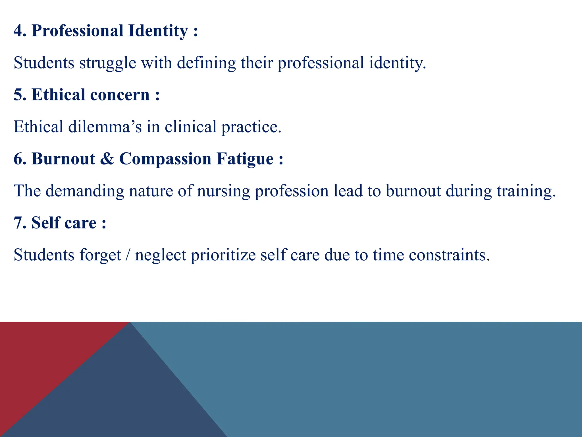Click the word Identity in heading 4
158,31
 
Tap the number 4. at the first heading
20,31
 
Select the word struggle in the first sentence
108,63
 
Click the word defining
206,63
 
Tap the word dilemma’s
105,127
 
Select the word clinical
191,127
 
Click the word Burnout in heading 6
63,159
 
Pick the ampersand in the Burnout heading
107,159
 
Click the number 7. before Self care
20,223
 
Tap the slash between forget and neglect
128,255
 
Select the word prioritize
223,255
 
